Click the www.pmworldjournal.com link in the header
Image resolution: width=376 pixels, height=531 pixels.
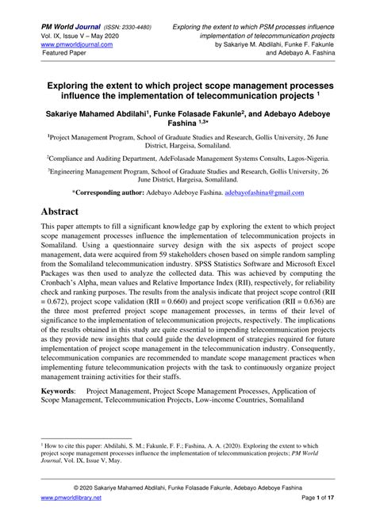point(74,45)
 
